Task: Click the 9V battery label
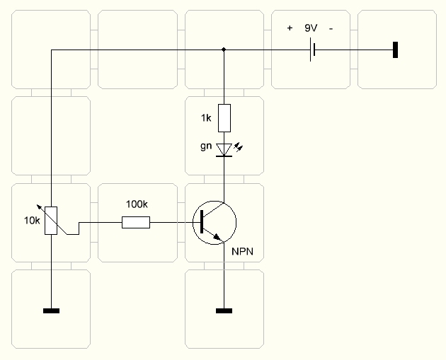pos(311,28)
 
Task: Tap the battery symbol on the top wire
pos(311,50)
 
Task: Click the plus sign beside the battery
pos(290,28)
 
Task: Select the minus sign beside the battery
pos(331,28)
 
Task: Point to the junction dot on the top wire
pos(224,50)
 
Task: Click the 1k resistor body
pos(224,117)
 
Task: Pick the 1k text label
pos(206,117)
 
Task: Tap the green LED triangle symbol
pos(224,149)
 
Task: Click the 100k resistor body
pos(136,223)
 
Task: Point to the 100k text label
pos(136,204)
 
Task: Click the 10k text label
pos(31,220)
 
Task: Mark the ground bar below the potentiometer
pos(51,310)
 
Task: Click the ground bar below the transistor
pos(224,310)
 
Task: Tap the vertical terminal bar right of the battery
pos(396,50)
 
